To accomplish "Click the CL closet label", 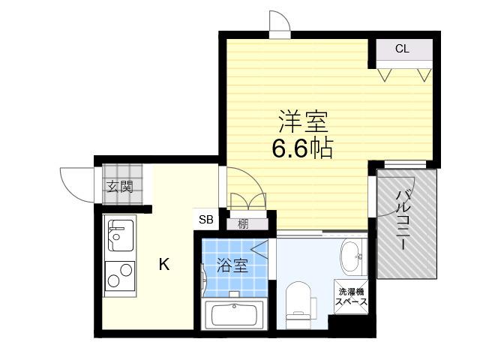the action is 402,49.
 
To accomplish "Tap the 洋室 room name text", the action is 303,121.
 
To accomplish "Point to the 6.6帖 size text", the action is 302,148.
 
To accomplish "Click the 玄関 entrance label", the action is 120,187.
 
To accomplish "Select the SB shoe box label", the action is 205,219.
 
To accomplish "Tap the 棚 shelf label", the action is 243,224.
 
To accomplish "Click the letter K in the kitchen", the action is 164,264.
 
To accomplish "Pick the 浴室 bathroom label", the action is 232,265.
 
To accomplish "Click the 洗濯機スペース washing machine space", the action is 351,297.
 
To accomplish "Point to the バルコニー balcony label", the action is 403,220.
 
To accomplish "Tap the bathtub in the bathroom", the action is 234,315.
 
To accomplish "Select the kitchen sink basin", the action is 121,235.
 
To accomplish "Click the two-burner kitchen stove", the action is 120,276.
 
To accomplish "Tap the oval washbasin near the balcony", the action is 352,256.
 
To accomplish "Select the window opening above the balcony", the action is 405,164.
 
